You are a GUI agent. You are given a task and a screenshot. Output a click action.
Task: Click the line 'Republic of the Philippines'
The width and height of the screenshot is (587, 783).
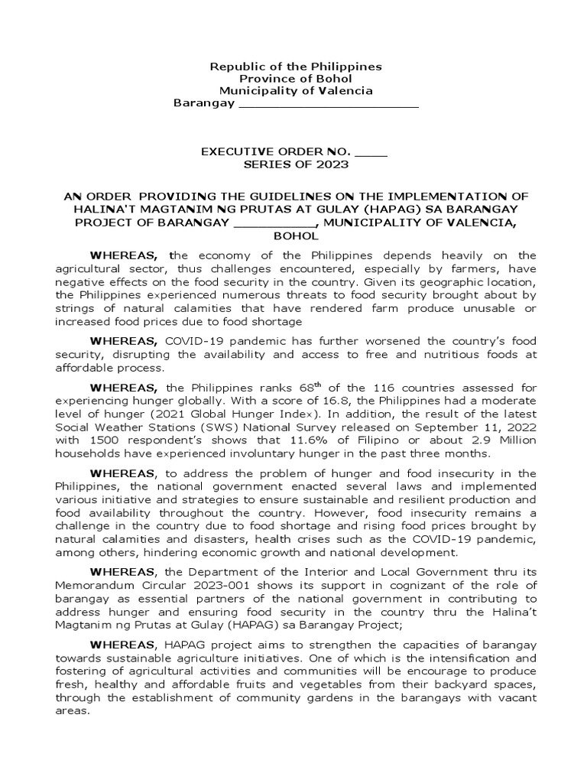click(296, 67)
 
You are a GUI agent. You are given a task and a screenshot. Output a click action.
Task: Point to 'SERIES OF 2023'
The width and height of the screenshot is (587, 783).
click(296, 164)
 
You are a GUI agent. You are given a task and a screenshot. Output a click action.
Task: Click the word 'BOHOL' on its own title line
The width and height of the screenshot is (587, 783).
click(295, 238)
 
